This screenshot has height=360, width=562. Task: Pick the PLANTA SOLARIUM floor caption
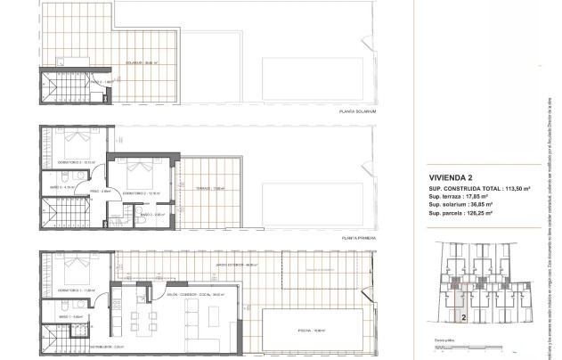pos(358,111)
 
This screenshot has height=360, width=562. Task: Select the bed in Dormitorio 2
pos(134,168)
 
